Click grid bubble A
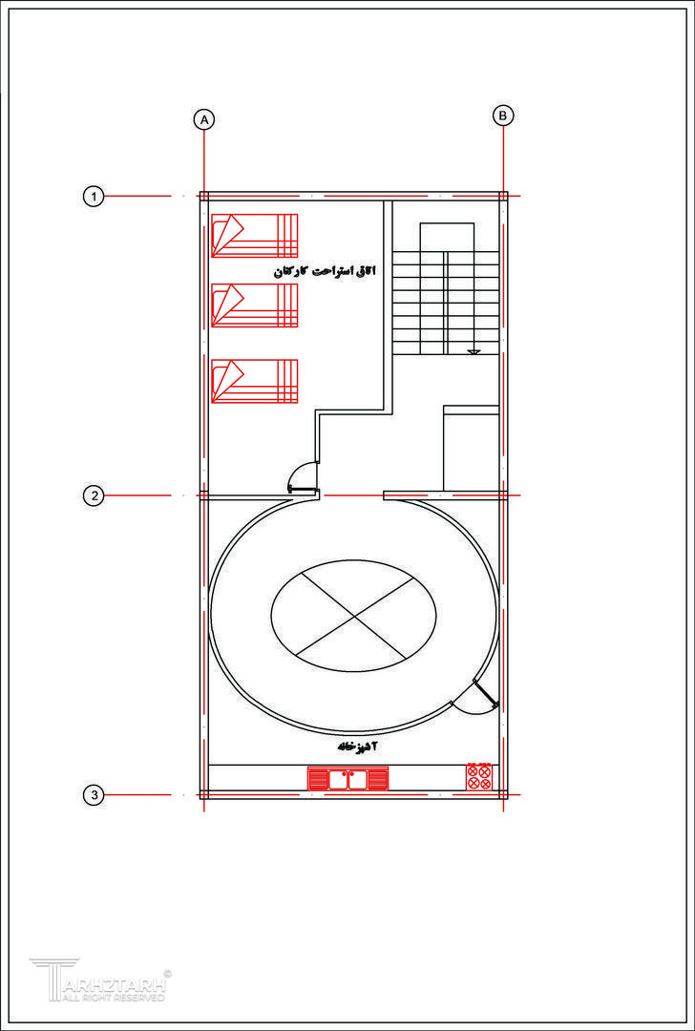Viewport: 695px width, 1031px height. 204,119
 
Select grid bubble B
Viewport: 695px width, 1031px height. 503,116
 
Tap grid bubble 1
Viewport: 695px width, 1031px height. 94,196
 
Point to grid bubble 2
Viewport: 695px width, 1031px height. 94,495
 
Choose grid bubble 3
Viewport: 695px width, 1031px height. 94,795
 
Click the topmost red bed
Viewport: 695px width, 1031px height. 255,236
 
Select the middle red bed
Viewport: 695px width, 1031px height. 255,305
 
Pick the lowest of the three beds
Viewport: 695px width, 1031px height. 255,381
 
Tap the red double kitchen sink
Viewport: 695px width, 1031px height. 347,779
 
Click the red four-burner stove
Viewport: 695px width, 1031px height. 478,776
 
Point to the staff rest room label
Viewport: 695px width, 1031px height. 323,271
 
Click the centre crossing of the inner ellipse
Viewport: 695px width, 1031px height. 353,616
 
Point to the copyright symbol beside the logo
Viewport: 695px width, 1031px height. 167,973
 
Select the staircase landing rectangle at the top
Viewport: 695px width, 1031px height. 447,238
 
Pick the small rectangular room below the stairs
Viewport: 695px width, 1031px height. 471,449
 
